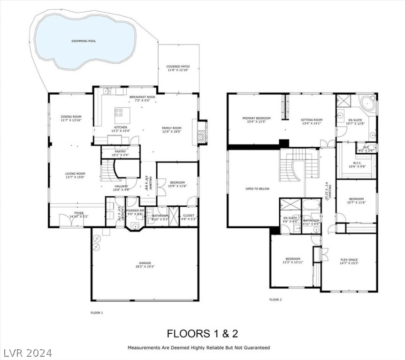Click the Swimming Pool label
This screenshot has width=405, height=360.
[x=84, y=41]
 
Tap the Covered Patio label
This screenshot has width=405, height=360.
[x=178, y=67]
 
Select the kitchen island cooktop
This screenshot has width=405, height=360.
[x=119, y=112]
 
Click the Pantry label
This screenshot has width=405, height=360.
[x=121, y=151]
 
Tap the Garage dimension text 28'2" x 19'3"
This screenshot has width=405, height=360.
[x=145, y=267]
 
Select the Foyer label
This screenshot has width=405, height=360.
[x=78, y=213]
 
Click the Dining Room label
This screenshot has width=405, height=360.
[x=71, y=117]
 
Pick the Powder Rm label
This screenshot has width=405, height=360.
[x=135, y=211]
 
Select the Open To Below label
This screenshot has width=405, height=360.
[x=257, y=189]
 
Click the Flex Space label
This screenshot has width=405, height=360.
[x=349, y=260]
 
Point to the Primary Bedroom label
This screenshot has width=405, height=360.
[x=256, y=118]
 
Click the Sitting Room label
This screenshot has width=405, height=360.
[x=312, y=120]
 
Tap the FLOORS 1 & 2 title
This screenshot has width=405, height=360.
[x=203, y=334]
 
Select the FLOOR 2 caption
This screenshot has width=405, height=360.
[x=275, y=300]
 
